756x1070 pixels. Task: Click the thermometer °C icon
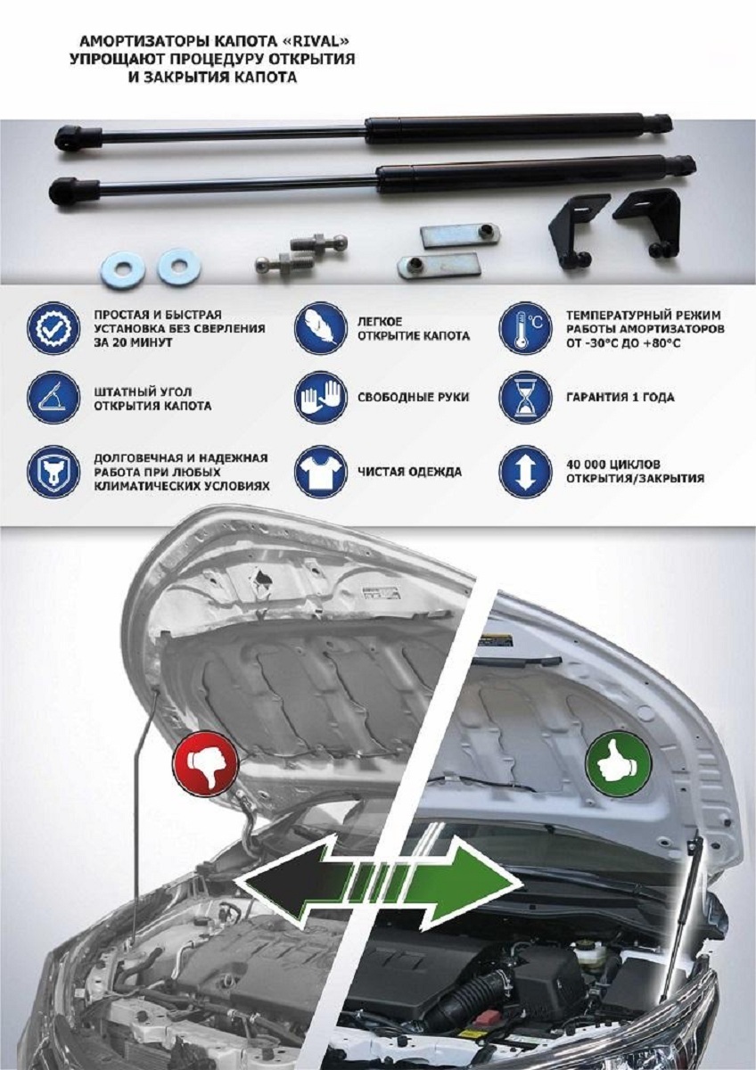coord(525,328)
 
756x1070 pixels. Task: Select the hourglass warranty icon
coord(525,398)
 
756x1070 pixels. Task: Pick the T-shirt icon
coord(320,472)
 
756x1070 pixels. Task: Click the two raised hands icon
coord(320,398)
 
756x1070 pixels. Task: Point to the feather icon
coord(320,328)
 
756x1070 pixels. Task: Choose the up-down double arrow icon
coord(525,472)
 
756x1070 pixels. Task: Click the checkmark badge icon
coord(53,328)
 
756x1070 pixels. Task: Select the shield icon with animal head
coord(53,472)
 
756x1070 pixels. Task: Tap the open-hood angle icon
coord(53,398)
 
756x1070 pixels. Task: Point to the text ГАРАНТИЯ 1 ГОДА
coord(620,398)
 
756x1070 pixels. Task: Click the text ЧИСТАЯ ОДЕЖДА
coord(410,472)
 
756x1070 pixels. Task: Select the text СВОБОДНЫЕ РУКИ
coord(414,398)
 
